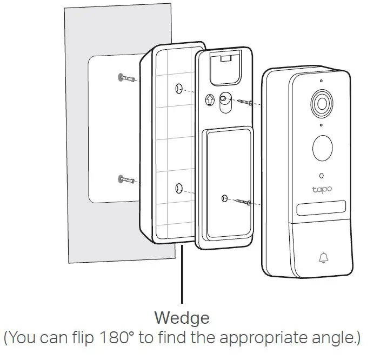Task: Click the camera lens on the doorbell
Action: coord(320,103)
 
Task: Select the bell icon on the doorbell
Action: coord(323,258)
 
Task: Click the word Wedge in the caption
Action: coord(182,317)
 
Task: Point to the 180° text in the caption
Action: coord(115,338)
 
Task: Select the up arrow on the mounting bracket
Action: coord(211,100)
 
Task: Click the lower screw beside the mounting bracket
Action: coord(242,202)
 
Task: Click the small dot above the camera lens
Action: coord(321,81)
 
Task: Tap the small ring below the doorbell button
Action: coord(322,175)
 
